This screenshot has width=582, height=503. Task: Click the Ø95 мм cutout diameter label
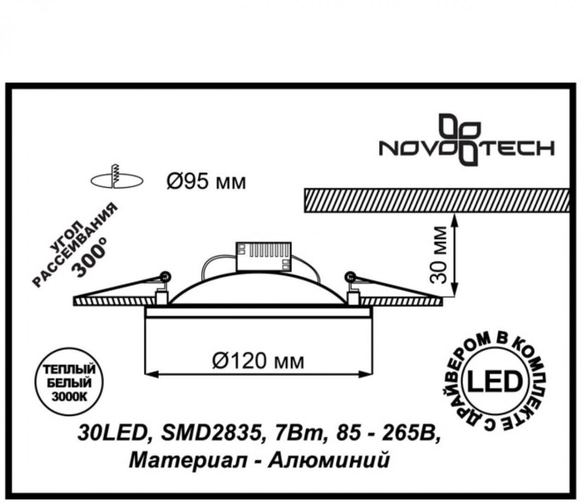[x=204, y=183]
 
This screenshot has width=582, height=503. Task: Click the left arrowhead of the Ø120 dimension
[x=147, y=375]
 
